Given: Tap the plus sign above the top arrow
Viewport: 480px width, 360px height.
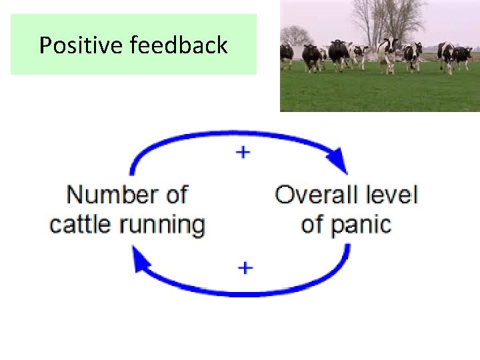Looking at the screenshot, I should tap(243, 153).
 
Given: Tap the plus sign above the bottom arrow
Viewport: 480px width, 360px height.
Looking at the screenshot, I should tap(245, 268).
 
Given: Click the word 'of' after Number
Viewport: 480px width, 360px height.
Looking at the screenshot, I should tap(176, 195).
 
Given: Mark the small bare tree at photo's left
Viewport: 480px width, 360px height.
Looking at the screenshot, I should tap(296, 35).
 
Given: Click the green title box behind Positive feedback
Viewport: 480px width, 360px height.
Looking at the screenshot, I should tap(133, 63).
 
